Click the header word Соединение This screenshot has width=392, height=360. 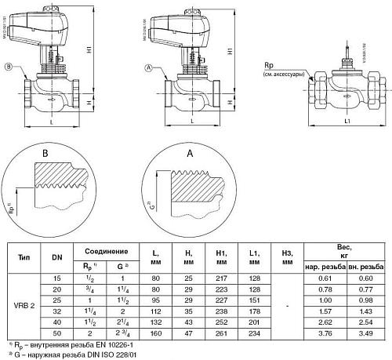point(101,251)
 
